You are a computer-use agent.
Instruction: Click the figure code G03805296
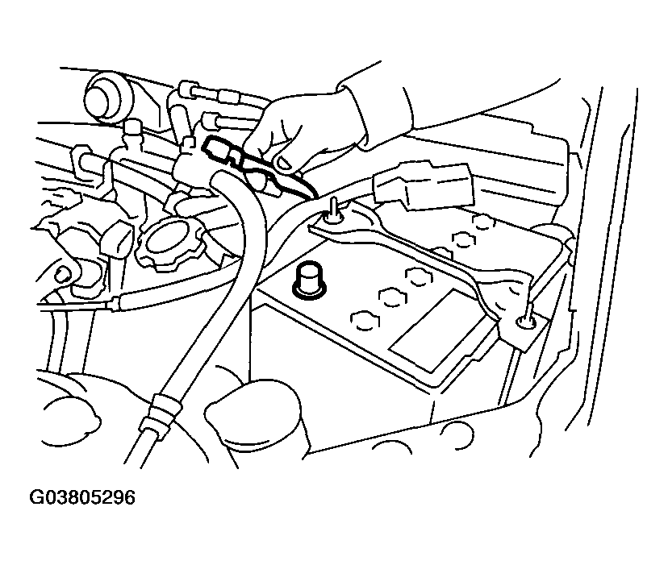point(82,498)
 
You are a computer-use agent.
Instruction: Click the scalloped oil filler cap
point(169,239)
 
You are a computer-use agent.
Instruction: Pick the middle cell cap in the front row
point(390,297)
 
